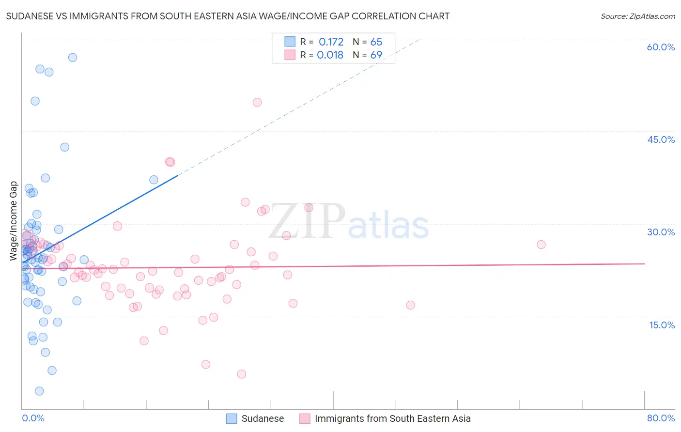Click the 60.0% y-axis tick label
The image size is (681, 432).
661,47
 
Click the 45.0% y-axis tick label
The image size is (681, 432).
661,139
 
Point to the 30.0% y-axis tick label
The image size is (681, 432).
661,232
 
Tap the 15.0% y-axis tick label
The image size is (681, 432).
662,325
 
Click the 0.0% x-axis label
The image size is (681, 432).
33,418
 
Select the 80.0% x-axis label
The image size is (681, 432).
661,418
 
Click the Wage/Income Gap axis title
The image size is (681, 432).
14,221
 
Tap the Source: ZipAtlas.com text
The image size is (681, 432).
637,16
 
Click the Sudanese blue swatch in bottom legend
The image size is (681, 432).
232,418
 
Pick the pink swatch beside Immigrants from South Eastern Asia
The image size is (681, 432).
305,418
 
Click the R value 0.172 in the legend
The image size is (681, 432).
331,42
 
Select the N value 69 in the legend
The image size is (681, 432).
376,55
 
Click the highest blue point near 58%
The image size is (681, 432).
73,58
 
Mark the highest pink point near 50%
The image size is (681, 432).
257,102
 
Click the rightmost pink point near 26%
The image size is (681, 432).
541,245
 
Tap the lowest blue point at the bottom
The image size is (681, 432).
39,391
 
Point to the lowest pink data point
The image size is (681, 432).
241,374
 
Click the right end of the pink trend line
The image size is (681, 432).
645,263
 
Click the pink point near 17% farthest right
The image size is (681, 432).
410,305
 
